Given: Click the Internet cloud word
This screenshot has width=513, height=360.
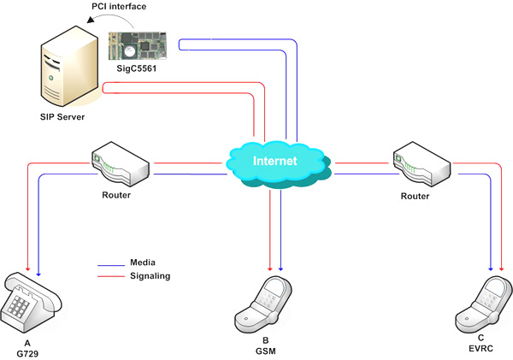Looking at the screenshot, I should click(x=275, y=160).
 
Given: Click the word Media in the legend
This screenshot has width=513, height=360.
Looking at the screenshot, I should click(x=143, y=262).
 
